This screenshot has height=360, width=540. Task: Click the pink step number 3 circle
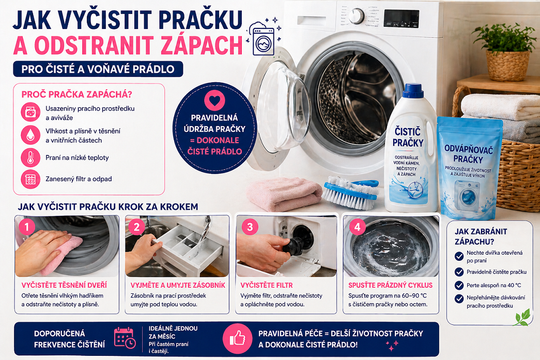click(x=250, y=226)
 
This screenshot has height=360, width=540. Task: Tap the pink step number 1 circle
click(x=26, y=226)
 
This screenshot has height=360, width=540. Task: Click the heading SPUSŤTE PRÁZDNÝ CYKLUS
click(x=391, y=285)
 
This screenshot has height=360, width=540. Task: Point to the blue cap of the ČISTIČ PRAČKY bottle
click(x=413, y=91)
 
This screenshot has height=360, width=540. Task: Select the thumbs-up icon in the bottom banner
click(x=237, y=338)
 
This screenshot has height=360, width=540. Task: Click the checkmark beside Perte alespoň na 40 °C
click(x=458, y=285)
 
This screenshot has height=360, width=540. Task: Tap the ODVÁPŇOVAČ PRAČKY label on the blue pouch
click(x=468, y=153)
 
